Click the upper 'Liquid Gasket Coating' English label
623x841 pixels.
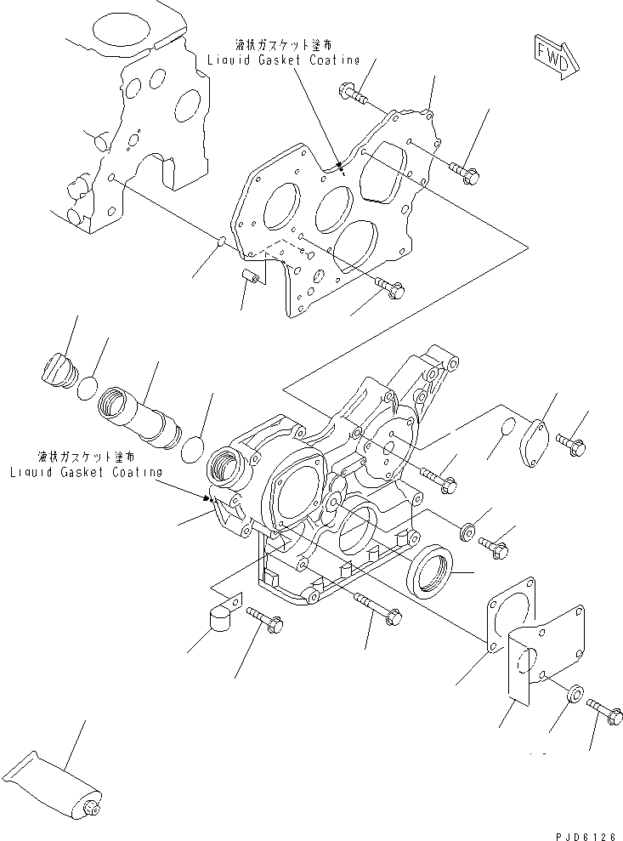click(284, 60)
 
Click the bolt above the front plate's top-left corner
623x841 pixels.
click(355, 94)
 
